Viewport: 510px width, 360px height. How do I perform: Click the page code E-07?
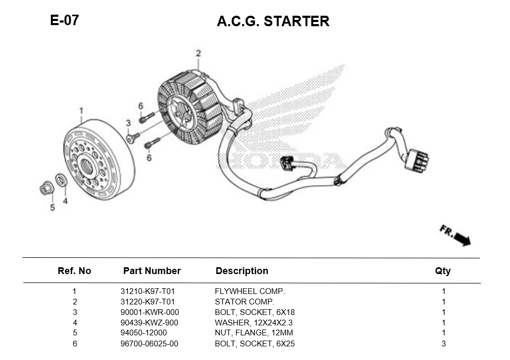[x=64, y=20]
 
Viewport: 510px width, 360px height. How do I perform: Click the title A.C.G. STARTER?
[x=273, y=21]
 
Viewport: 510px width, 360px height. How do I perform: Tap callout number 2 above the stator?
[x=198, y=53]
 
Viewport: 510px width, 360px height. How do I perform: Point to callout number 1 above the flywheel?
[x=81, y=111]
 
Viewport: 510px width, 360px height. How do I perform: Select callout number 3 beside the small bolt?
[x=127, y=123]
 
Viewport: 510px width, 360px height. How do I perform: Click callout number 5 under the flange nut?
[x=52, y=208]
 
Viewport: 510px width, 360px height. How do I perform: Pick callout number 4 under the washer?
[x=65, y=201]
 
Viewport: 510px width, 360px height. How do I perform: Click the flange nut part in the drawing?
[x=46, y=188]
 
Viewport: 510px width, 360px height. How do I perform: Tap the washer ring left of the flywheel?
[x=61, y=181]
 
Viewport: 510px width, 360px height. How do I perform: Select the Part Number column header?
[x=151, y=271]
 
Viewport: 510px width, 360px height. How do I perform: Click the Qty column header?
[x=442, y=271]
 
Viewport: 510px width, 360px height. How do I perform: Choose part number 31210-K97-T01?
[x=147, y=291]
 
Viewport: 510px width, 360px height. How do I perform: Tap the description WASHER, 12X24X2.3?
[x=254, y=323]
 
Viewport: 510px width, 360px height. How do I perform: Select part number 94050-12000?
[x=144, y=333]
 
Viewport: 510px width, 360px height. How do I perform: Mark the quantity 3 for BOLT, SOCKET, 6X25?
[x=443, y=344]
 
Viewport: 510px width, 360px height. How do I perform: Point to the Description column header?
[x=242, y=271]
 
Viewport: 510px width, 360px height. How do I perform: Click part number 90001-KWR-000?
[x=149, y=312]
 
